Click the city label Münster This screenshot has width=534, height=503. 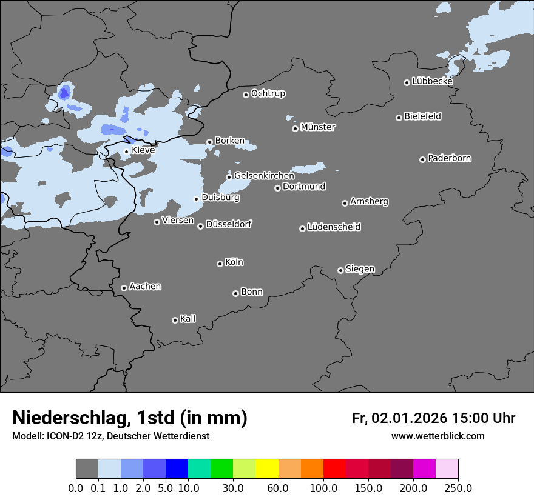(318, 127)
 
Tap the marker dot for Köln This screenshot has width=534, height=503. (220, 264)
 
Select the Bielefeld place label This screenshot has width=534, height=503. (423, 116)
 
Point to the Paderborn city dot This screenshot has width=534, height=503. (422, 159)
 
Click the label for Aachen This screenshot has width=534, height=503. (145, 287)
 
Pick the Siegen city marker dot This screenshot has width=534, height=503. (340, 270)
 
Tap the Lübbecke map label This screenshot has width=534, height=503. (432, 81)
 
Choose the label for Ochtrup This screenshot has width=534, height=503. (268, 93)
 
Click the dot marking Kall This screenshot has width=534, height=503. (175, 320)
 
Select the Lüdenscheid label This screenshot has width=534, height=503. (334, 227)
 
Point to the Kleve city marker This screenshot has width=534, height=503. (126, 152)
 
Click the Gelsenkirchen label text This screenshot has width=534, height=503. (265, 176)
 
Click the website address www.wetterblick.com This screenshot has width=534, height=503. (438, 436)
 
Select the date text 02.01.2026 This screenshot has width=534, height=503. (410, 418)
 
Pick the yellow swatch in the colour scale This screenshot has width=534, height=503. (267, 469)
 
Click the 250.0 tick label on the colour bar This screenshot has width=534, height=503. (458, 488)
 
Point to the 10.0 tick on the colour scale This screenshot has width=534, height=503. (188, 488)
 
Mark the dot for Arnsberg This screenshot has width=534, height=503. (345, 203)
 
